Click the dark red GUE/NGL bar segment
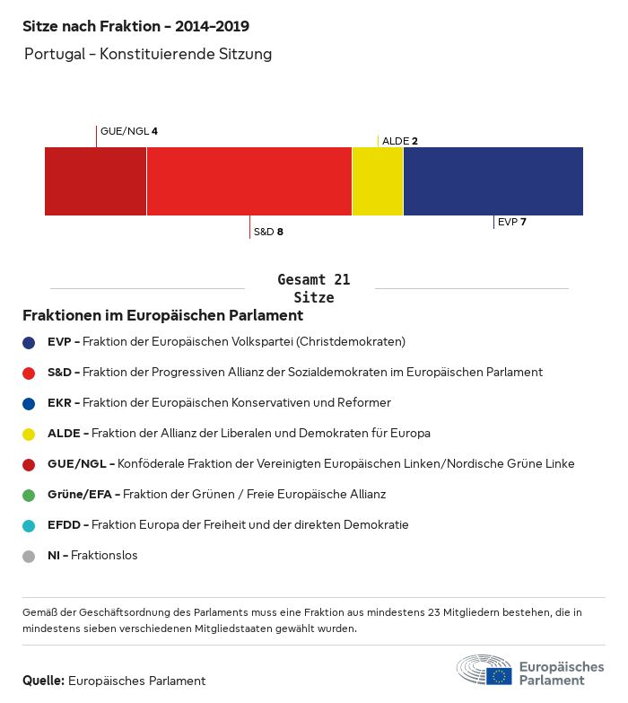[95, 181]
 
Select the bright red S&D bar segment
[249, 181]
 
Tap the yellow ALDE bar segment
[378, 181]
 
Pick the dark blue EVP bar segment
[493, 181]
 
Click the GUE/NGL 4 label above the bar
[129, 131]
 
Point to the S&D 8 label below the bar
[268, 232]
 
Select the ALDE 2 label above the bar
[400, 141]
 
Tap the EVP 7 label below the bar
[511, 222]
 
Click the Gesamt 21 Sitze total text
[314, 288]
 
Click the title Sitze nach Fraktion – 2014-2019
[135, 27]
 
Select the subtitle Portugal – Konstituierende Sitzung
[148, 54]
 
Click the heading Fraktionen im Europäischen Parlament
[162, 316]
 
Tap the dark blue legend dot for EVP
[29, 342]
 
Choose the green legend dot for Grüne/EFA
[29, 495]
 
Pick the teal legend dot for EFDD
[29, 525]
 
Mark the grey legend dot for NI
[29, 556]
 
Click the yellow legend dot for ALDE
[29, 434]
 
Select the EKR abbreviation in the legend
[59, 403]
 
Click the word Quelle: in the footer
[43, 681]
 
